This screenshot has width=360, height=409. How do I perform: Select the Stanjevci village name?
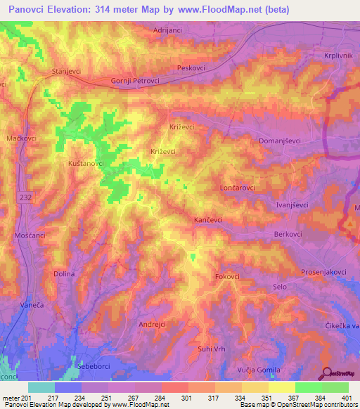point(67,72)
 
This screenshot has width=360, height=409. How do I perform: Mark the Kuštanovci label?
point(86,163)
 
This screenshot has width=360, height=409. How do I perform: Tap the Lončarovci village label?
point(237,188)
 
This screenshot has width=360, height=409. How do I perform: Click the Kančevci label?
point(209,220)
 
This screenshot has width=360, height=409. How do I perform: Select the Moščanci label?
point(28,237)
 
